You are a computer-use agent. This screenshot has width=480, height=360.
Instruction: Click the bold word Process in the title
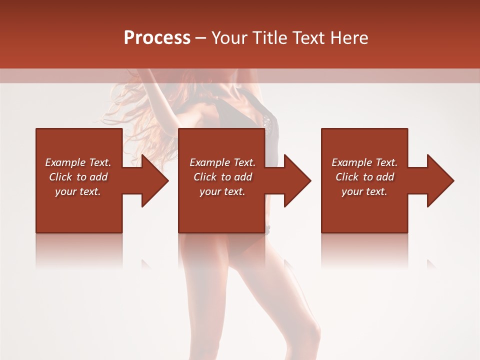pos(157,37)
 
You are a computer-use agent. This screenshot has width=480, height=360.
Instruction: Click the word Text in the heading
pos(308,37)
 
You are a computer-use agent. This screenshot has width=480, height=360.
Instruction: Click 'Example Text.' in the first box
pos(78,162)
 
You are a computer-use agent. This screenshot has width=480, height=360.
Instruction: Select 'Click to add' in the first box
pos(78,177)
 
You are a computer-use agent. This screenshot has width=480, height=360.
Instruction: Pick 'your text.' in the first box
pos(78,191)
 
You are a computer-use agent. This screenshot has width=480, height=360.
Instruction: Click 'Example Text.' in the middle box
pos(222,162)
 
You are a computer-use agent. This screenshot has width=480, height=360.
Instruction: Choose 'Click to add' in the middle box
pos(222,177)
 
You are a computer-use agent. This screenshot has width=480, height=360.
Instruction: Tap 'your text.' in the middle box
pos(222,191)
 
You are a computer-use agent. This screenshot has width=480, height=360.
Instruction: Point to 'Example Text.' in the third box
pos(364,162)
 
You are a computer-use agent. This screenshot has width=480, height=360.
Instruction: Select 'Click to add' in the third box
pos(364,177)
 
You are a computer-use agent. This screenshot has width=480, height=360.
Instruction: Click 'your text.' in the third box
pos(364,191)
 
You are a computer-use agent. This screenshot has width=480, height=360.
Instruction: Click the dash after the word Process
pos(200,38)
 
